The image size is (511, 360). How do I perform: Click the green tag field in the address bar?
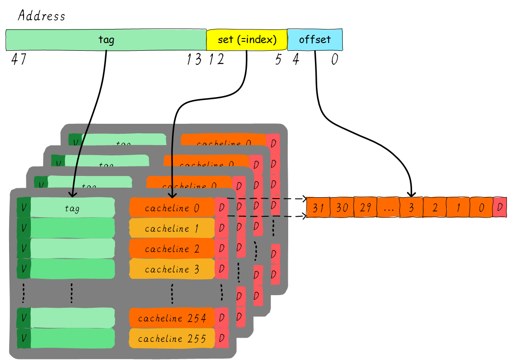106,40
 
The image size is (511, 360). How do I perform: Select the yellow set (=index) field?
247,40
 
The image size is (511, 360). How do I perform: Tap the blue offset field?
315,40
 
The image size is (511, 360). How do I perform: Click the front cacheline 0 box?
172,208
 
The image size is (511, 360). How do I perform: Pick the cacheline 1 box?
172,228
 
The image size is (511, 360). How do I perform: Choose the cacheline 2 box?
172,248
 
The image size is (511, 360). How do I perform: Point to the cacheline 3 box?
172,269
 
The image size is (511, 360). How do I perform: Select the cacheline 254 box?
172,318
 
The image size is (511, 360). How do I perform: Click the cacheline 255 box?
172,339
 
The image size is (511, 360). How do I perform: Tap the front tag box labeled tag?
73,208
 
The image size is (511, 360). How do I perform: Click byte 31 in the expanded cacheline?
318,208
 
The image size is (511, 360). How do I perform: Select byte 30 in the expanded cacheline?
342,208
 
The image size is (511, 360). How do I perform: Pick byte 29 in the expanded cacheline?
365,208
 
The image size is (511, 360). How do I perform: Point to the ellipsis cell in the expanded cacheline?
388,208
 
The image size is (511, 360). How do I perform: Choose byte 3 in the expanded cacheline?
412,208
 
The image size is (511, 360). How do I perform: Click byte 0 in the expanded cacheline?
481,208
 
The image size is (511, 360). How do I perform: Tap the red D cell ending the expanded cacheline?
500,207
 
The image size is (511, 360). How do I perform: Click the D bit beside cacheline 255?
221,338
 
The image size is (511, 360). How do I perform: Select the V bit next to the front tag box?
24,208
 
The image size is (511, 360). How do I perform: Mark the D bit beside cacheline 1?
221,228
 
